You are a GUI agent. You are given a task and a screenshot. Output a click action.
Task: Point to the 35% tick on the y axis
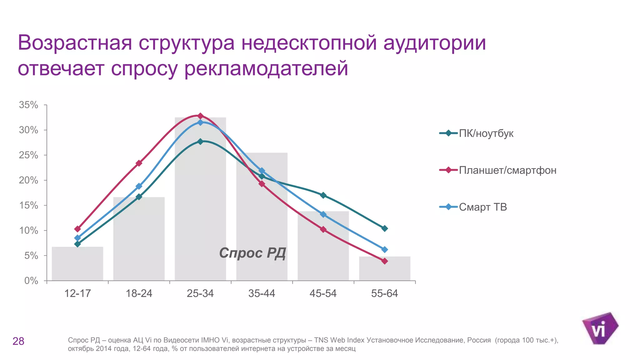click(28, 105)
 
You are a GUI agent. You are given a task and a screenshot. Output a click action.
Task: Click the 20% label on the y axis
click(28, 180)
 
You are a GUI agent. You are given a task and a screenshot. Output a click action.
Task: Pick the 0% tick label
click(31, 281)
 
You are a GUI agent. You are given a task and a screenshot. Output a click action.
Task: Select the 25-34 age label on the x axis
click(200, 293)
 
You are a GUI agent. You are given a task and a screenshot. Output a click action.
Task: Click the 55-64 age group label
click(384, 293)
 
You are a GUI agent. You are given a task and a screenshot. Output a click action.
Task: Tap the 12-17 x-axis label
click(77, 293)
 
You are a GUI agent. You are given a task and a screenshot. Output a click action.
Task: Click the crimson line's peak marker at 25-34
click(200, 116)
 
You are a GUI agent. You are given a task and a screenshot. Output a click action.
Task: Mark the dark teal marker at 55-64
click(385, 228)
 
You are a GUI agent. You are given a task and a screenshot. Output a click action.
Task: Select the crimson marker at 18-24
click(139, 163)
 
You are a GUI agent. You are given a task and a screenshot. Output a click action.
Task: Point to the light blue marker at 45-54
click(323, 214)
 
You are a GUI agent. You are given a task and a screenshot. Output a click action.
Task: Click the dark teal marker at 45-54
click(323, 195)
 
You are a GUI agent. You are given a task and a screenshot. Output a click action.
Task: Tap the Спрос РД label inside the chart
click(252, 253)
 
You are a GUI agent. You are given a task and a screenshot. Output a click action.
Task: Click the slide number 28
click(18, 341)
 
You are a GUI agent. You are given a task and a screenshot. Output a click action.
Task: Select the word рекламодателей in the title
click(266, 68)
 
